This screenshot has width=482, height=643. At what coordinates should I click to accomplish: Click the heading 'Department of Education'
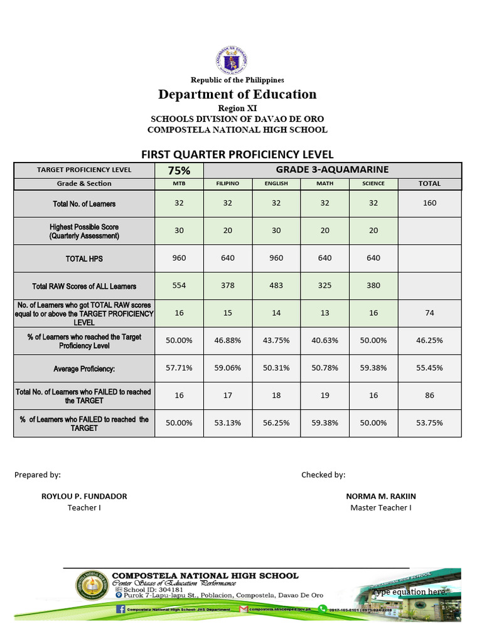(x=237, y=95)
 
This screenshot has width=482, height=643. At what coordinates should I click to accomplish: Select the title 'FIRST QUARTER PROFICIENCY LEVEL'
(x=237, y=154)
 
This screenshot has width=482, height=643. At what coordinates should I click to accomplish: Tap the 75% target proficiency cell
(x=179, y=170)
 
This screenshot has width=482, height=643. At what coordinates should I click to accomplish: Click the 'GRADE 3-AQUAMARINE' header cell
(x=332, y=170)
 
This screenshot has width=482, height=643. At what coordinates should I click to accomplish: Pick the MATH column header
(x=324, y=183)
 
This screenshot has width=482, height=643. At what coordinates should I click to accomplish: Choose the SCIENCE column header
(x=373, y=183)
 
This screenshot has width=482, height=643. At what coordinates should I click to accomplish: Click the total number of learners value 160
(x=429, y=203)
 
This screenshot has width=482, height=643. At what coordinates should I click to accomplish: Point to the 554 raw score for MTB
(x=179, y=286)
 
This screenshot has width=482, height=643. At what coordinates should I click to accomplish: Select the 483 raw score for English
(x=276, y=286)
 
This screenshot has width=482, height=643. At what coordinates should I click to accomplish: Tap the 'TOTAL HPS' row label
(x=84, y=259)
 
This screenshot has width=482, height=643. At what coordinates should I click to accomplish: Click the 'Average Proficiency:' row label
(x=84, y=369)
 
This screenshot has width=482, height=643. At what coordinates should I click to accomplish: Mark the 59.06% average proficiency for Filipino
(x=227, y=369)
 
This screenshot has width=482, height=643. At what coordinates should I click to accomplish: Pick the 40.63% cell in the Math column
(x=324, y=340)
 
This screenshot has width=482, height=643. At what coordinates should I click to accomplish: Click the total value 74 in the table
(x=429, y=313)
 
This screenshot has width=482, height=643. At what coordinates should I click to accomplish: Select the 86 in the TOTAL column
(x=429, y=396)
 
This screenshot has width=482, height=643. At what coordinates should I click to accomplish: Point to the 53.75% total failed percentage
(x=429, y=423)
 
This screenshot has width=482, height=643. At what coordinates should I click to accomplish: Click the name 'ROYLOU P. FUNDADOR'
(x=84, y=496)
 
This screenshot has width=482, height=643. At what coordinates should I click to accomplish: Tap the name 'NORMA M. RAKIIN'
(x=381, y=496)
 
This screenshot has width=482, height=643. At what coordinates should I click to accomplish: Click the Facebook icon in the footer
(x=120, y=609)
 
